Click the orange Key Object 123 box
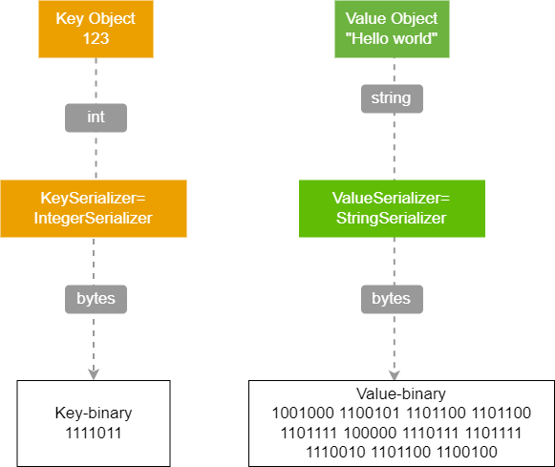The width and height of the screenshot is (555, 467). tap(96, 29)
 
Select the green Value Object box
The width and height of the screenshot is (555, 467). tap(393, 29)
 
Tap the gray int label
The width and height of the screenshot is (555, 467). tap(96, 117)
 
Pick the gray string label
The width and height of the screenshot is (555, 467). tap(392, 98)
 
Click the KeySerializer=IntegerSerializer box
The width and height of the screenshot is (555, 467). tap(94, 208)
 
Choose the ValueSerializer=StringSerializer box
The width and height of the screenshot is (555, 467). tap(392, 208)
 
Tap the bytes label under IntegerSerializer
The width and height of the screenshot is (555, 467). tap(96, 299)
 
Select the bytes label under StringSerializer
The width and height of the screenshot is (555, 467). tap(392, 299)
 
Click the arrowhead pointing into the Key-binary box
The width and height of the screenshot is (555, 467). tap(94, 374)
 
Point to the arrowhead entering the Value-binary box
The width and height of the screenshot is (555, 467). tap(395, 375)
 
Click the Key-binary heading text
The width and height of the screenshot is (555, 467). tap(94, 413)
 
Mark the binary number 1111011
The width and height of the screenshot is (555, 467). tap(94, 433)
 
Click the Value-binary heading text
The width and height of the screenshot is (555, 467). tap(401, 393)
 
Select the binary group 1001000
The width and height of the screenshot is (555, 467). tap(303, 413)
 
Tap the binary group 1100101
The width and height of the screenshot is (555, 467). tap(370, 413)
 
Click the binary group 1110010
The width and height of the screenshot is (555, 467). tap(335, 452)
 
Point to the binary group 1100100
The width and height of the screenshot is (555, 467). tap(467, 452)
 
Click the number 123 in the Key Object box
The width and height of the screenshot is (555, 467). tap(96, 38)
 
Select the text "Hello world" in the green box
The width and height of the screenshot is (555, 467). tap(392, 38)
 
